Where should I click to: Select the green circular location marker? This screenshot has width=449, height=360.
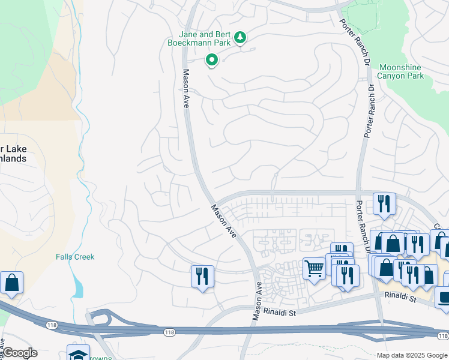tap(211, 60)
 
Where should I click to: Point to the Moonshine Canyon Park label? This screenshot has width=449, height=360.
tap(401, 72)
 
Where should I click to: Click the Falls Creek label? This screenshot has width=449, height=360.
tap(75, 257)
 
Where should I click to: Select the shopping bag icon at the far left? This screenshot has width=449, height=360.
tap(11, 283)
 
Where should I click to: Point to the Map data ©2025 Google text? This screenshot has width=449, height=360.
tap(411, 355)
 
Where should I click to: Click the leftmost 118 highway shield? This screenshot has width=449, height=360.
tap(51, 325)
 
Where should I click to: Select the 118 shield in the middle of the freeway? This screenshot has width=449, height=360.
tap(170, 332)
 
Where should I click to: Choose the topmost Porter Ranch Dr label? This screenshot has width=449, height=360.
tap(354, 43)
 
